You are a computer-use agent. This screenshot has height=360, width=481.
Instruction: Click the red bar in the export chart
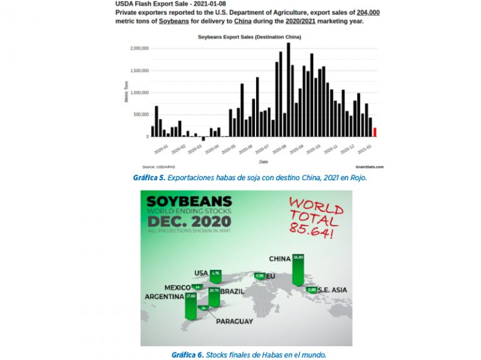(x=375, y=132)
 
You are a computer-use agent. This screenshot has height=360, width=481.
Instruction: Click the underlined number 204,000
(x=368, y=13)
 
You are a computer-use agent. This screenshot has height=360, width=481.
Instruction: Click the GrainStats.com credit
(x=370, y=167)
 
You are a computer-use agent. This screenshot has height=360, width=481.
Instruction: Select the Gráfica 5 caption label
(x=148, y=178)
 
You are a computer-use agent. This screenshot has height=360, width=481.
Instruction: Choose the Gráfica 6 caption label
(x=187, y=354)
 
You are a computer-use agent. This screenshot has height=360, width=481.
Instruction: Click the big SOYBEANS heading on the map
(x=189, y=202)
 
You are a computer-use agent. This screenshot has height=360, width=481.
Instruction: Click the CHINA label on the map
(x=280, y=258)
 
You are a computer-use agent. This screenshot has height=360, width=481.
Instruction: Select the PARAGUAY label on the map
(x=234, y=321)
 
